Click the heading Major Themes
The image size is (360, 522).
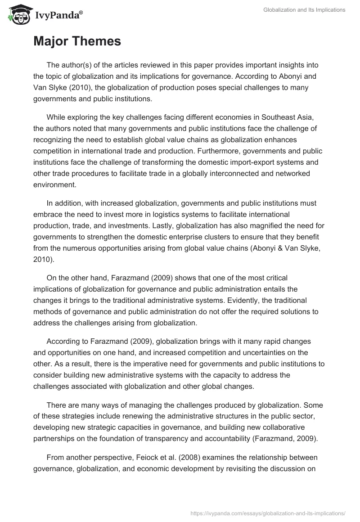[x=77, y=41]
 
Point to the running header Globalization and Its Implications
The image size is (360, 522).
[x=304, y=10]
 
